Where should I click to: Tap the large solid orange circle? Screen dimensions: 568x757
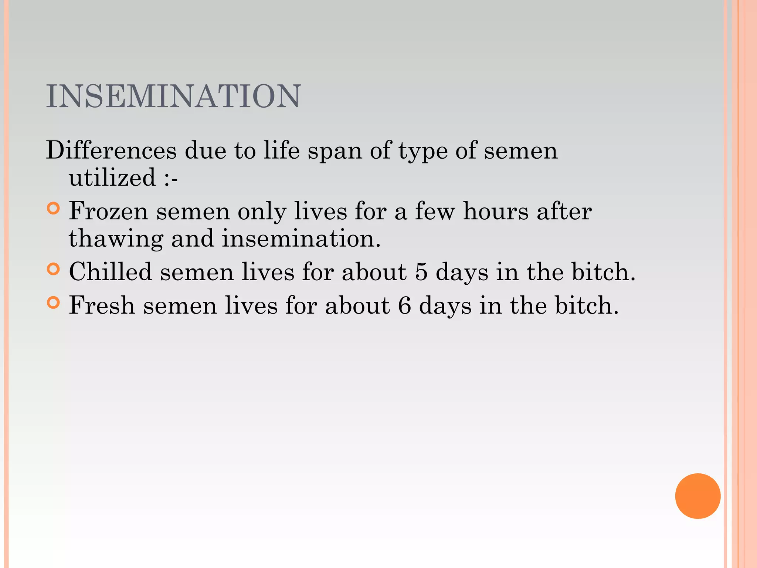click(697, 496)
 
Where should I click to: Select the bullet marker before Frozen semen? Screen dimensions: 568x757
click(54, 209)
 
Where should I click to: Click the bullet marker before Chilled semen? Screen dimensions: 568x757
click(54, 269)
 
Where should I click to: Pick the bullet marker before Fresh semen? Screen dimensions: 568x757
click(54, 303)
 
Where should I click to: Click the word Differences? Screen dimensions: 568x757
click(111, 151)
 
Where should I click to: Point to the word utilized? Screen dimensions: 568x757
click(112, 177)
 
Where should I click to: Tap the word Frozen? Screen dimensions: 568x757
click(108, 212)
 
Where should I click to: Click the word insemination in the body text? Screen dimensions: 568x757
click(301, 239)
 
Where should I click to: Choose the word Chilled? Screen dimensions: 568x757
click(110, 272)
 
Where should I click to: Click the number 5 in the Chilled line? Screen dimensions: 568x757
click(421, 272)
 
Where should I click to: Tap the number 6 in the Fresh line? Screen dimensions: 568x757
click(404, 306)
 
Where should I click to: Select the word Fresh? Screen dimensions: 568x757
click(102, 306)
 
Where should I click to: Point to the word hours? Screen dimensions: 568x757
click(496, 212)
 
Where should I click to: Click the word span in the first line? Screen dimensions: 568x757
click(335, 151)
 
